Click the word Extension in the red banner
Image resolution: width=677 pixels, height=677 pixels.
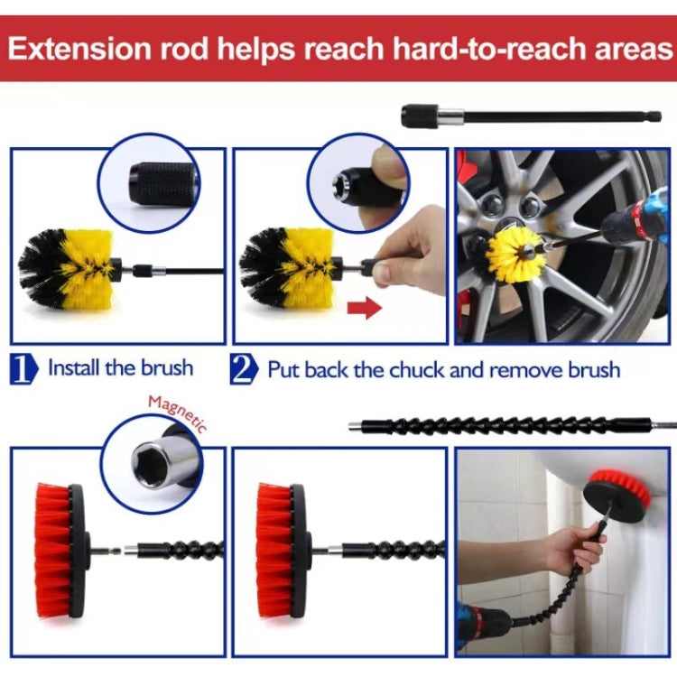pyautogui.click(x=80, y=48)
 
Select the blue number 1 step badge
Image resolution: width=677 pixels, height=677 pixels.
pyautogui.click(x=24, y=369)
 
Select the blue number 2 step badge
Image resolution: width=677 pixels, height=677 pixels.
pyautogui.click(x=244, y=369)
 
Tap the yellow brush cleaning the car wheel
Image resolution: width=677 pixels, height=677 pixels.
pyautogui.click(x=513, y=255)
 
